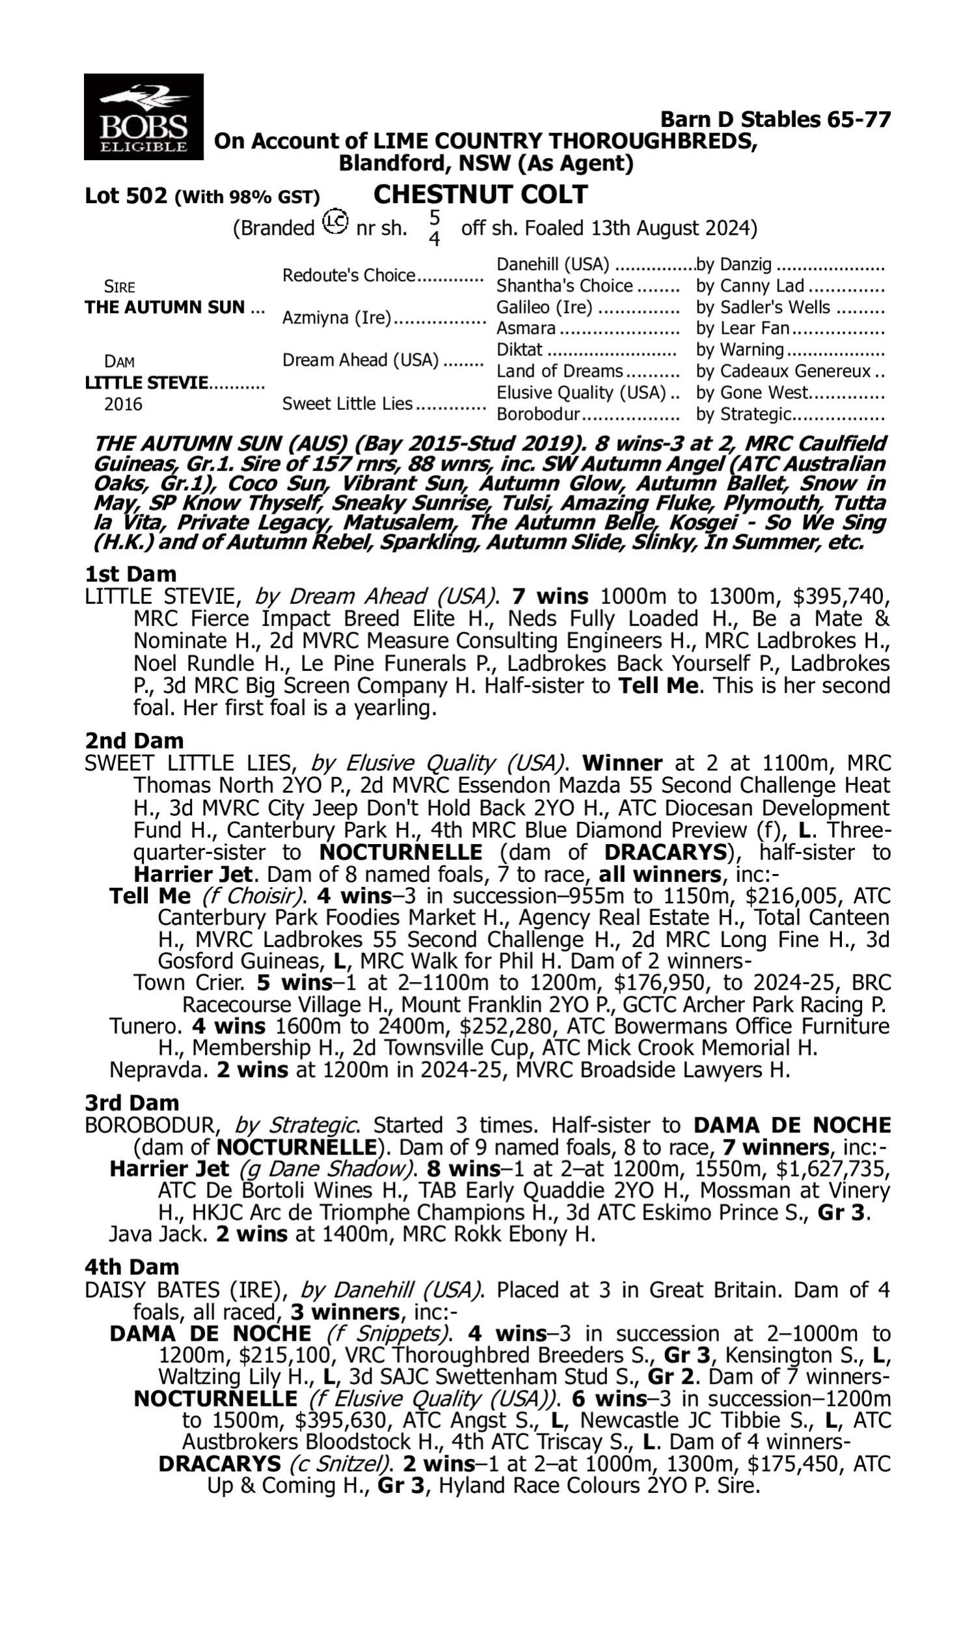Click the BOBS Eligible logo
click(x=143, y=116)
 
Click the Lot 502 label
click(x=126, y=197)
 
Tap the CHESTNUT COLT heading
click(x=480, y=195)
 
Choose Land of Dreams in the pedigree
click(x=559, y=372)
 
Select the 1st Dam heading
click(x=131, y=574)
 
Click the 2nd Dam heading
click(x=134, y=741)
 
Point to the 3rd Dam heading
click(x=132, y=1103)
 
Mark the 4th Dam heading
click(x=132, y=1267)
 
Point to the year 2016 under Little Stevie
click(x=123, y=404)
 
